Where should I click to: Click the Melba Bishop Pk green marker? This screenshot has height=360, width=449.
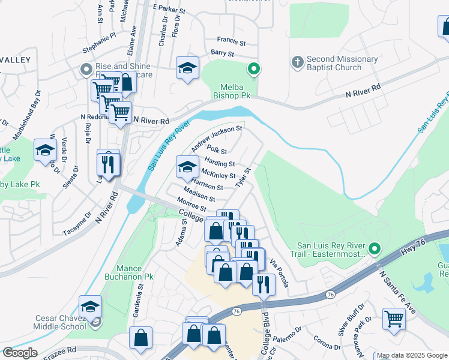(x=254, y=70)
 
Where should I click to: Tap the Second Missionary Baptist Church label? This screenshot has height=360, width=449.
(x=342, y=64)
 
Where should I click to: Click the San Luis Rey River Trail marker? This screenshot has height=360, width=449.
(x=375, y=248)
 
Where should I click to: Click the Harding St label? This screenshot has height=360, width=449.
(x=219, y=163)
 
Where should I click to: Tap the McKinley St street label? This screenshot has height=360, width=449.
(x=218, y=175)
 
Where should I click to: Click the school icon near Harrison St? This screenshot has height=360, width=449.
(x=187, y=167)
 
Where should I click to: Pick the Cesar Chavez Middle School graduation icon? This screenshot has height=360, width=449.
(x=90, y=307)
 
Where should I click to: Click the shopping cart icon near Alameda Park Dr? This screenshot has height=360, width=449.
(x=394, y=319)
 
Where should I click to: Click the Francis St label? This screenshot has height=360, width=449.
(x=232, y=43)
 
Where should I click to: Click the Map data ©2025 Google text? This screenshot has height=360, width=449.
(x=412, y=356)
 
